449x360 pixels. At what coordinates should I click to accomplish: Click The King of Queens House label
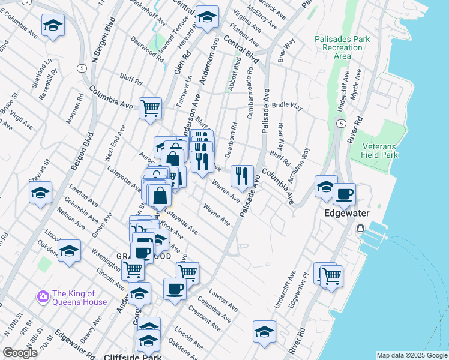79,298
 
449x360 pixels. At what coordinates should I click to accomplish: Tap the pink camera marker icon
43,296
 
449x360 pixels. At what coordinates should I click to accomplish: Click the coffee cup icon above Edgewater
345,194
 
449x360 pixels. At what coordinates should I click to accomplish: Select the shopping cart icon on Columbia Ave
150,109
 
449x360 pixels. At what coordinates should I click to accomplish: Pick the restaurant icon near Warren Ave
242,176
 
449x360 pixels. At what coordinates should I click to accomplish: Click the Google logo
20,353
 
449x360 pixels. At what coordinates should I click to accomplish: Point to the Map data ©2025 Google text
412,355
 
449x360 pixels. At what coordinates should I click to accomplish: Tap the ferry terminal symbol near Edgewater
361,229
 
